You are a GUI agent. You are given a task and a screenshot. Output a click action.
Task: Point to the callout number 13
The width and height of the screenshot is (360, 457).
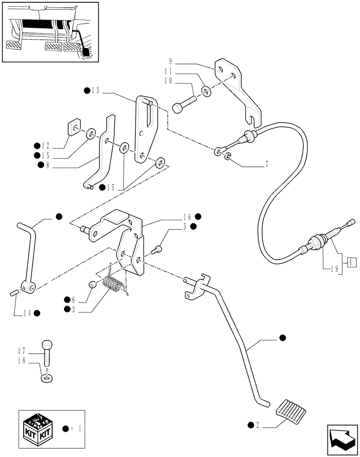tap(95, 90)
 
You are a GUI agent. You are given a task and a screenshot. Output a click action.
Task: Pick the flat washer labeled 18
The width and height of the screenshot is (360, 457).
tap(47, 378)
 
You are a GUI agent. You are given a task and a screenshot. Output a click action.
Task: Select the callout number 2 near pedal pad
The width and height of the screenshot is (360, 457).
tap(258, 425)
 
